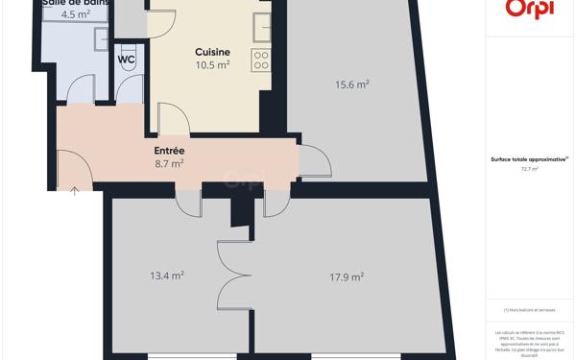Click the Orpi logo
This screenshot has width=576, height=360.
coord(529,9)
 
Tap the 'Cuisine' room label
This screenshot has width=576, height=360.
coord(212,52)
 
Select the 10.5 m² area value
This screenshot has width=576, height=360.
coord(212,65)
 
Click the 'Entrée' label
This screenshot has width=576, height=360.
coord(169,151)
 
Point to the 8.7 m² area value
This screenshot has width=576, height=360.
coord(169,164)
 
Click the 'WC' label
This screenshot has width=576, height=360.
coord(127,60)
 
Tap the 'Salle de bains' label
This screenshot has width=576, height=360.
coord(76,3)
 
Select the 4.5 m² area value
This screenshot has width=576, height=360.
coord(76,14)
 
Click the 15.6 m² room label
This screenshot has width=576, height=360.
coord(352,84)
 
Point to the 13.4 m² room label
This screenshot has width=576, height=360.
coord(167,276)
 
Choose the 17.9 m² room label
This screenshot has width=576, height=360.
coord(347,277)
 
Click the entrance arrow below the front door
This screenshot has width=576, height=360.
coord(75,192)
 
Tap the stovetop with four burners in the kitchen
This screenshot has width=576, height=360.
coord(261,60)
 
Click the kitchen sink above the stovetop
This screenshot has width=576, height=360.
coord(262,27)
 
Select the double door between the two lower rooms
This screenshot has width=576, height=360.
coord(234,274)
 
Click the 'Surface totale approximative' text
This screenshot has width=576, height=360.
coord(529,159)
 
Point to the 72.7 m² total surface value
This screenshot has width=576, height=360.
coord(529,169)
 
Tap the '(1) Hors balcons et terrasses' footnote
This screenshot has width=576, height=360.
coord(529,310)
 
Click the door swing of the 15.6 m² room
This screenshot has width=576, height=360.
coord(315,162)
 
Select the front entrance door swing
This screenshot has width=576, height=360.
coord(74,170)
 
